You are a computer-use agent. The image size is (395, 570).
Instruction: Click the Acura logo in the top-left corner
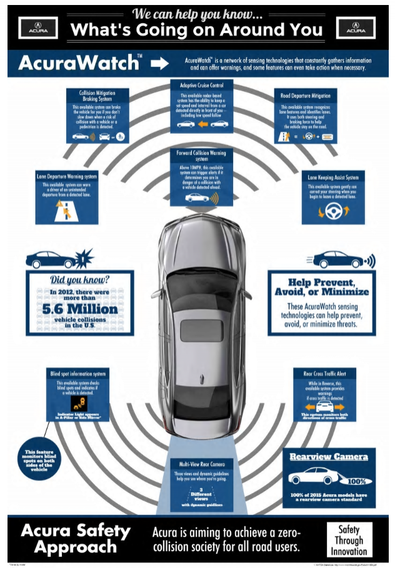(x=39, y=28)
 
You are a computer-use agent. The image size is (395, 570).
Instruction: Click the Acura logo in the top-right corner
(x=356, y=28)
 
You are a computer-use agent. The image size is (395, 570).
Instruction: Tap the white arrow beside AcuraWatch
(x=160, y=63)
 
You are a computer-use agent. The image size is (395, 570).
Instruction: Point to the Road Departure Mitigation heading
(x=306, y=96)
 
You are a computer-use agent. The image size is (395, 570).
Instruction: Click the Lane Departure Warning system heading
(x=66, y=177)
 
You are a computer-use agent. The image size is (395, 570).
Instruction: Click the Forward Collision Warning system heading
(x=197, y=155)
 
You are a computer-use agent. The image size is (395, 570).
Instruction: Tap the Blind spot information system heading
(x=78, y=374)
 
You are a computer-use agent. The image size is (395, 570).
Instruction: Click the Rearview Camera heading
(x=328, y=457)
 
